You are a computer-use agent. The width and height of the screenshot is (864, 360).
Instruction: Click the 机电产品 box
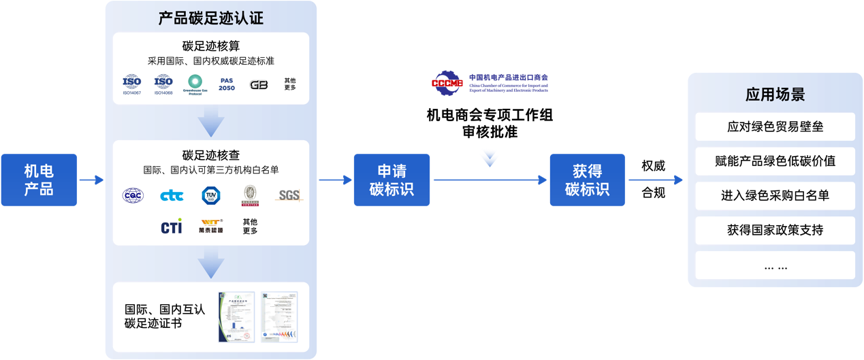[x=39, y=180]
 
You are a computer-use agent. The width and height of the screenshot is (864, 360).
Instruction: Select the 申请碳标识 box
[x=391, y=180]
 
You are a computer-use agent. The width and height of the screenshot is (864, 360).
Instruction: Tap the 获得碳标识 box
[x=587, y=180]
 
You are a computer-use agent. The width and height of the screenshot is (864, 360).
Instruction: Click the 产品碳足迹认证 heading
[x=210, y=18]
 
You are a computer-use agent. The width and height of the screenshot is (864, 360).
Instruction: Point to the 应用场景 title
[x=775, y=94]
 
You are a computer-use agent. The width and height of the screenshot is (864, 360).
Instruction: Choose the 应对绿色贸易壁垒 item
[x=775, y=127]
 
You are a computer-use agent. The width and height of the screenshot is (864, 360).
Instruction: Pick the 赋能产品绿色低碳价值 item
[x=775, y=161]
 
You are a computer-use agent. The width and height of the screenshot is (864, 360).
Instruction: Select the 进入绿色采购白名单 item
[x=775, y=195]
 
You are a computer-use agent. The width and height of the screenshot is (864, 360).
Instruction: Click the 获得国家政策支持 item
[x=775, y=230]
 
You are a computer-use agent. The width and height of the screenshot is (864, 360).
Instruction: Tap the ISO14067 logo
[x=131, y=84]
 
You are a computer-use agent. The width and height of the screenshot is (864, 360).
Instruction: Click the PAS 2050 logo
[x=227, y=84]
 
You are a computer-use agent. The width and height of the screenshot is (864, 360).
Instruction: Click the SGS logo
[x=289, y=195]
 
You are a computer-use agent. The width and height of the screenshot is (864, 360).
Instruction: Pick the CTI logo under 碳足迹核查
[x=172, y=227]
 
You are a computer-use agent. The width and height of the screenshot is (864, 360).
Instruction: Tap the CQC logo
[x=133, y=195]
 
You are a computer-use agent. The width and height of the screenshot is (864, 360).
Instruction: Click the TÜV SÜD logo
[x=212, y=195]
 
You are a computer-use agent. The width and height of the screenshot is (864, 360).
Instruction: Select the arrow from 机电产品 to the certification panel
[x=91, y=180]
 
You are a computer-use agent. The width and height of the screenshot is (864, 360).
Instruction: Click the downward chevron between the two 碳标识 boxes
[x=489, y=159]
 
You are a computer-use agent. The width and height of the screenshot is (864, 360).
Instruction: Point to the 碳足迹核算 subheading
[x=210, y=46]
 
